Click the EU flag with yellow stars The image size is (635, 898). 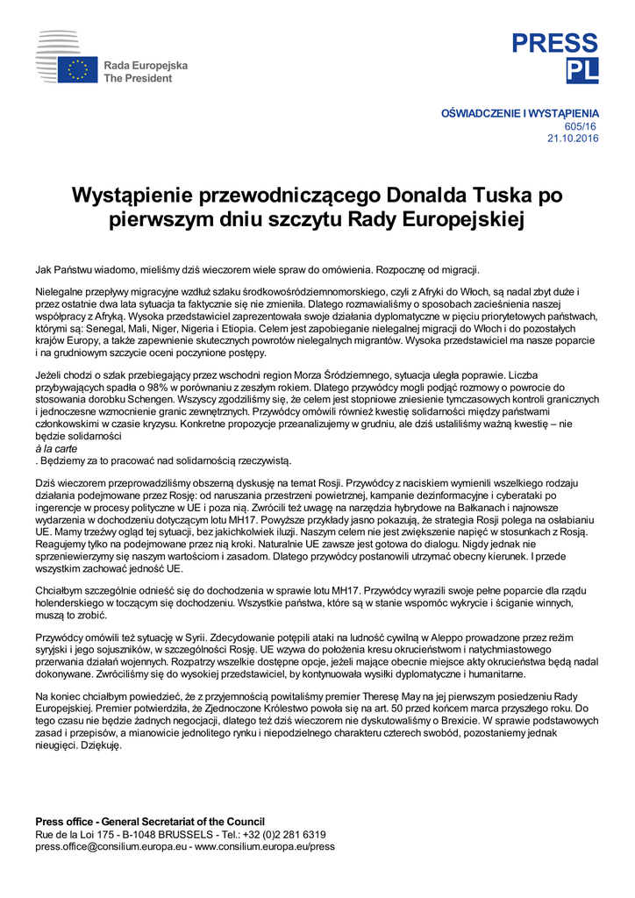[78, 70]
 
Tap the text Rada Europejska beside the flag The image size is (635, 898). [146, 66]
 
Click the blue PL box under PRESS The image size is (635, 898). [582, 71]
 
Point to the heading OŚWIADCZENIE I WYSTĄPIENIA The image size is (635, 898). [519, 114]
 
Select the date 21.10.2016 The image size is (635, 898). [573, 139]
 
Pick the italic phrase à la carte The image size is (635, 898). [56, 447]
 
